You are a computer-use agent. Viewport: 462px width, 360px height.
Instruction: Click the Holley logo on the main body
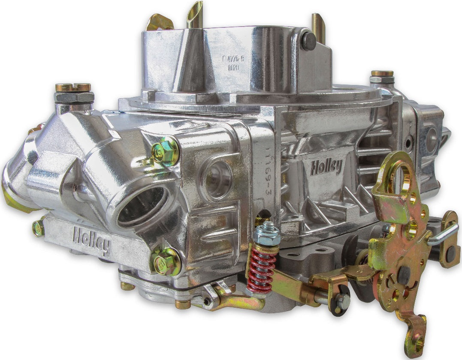(326, 166)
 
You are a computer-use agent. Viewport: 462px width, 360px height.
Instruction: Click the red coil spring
(261, 267)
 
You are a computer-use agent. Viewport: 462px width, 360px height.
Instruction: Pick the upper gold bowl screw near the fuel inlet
(165, 150)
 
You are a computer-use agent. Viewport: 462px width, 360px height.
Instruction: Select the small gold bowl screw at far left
(38, 228)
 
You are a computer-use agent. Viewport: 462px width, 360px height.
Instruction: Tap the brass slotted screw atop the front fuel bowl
(73, 87)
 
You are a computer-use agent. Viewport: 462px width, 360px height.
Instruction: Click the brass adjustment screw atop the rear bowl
(382, 74)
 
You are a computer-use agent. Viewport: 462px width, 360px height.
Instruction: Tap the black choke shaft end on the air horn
(308, 41)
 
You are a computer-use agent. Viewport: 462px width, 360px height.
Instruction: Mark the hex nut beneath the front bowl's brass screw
(74, 97)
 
